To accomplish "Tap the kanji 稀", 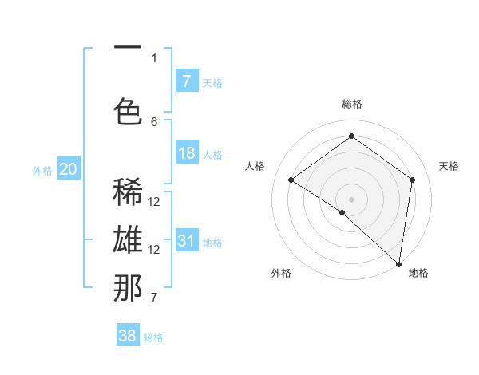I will tap(128, 192).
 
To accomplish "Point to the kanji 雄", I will tap(128, 240).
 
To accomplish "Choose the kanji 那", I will tap(128, 288).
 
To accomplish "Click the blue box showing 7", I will tap(187, 81).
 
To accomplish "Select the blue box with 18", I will tap(187, 153).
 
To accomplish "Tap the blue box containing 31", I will tap(187, 240).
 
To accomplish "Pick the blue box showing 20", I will tap(69, 168).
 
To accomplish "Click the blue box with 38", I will tap(128, 336).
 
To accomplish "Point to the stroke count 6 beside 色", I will tap(154, 121).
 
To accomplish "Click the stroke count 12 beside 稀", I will tap(154, 201).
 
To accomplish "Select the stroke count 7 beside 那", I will tap(154, 298).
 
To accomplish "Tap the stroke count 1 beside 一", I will tap(154, 57).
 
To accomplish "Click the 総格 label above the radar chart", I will tap(351, 104).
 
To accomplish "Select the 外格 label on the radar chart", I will tap(281, 274).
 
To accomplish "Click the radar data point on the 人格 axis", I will tap(291, 180).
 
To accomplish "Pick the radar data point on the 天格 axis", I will tap(413, 180).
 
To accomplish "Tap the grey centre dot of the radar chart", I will tap(351, 199).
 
